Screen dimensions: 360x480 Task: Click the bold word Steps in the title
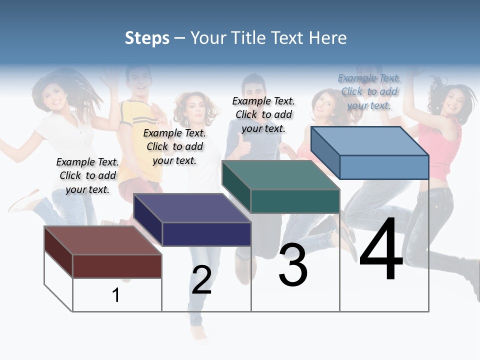(147, 38)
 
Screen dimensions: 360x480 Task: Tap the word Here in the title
(327, 38)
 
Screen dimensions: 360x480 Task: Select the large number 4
(381, 250)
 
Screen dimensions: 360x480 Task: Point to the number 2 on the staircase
(201, 280)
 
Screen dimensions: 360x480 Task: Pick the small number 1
(116, 295)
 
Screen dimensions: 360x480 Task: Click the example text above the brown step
(87, 175)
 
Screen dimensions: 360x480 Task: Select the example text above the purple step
(174, 146)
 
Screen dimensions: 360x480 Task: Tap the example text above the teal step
(263, 114)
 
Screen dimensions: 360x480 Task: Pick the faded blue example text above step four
(369, 91)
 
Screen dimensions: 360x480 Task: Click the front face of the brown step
(117, 266)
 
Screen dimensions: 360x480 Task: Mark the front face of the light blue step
(384, 167)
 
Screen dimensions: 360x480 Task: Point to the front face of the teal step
(295, 201)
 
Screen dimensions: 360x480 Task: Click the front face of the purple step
(206, 234)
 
